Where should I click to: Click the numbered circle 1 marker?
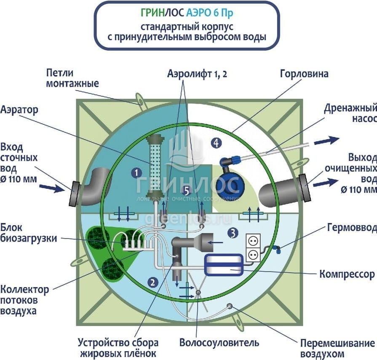(x=136, y=172)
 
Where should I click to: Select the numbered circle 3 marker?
(x=232, y=232)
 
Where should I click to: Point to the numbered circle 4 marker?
(x=216, y=143)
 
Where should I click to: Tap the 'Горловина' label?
(x=304, y=74)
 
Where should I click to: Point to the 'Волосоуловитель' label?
(x=219, y=342)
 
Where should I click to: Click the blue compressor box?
(x=223, y=265)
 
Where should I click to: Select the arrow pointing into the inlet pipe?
(x=52, y=188)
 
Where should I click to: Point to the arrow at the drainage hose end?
(x=326, y=140)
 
